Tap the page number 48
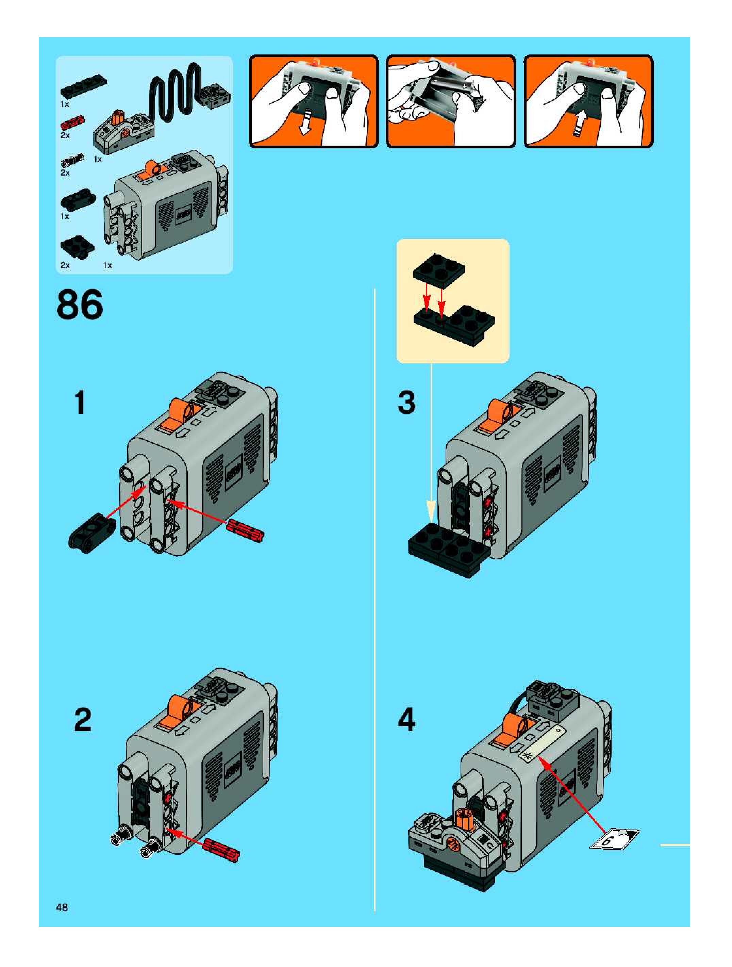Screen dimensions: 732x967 click(62, 907)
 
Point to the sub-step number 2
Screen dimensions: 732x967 click(83, 720)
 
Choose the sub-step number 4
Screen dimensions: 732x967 click(406, 720)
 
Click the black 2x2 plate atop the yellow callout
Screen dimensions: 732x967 click(439, 272)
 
